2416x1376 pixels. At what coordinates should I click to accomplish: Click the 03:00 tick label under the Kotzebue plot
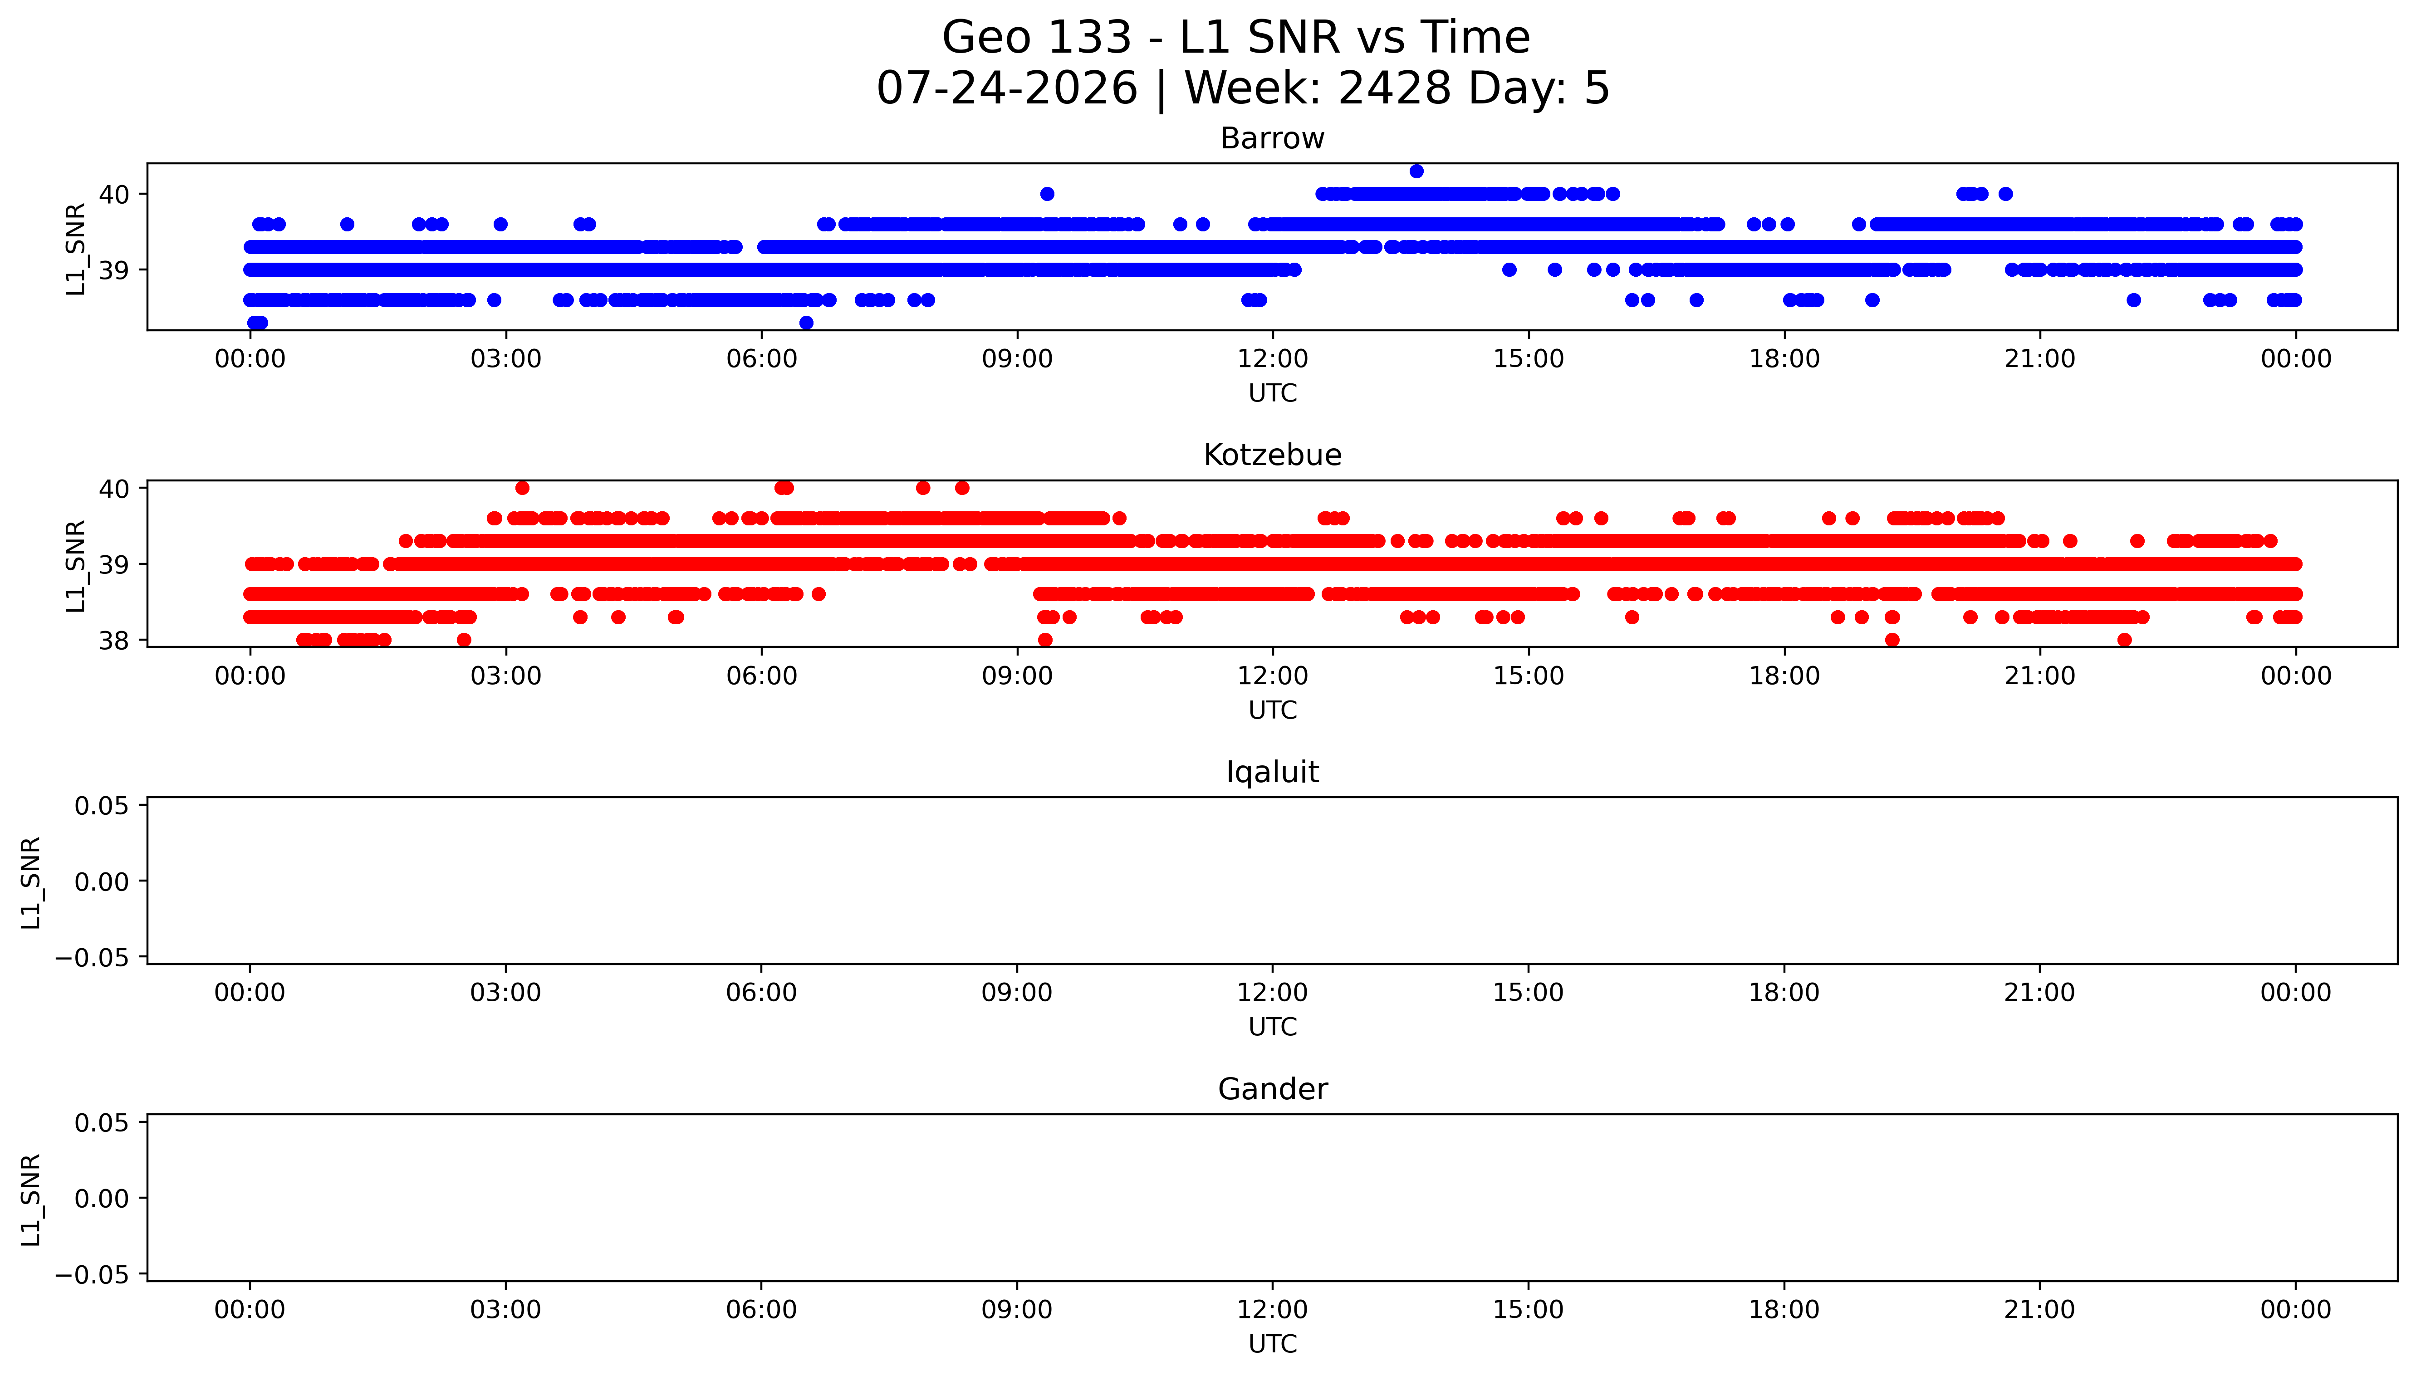pyautogui.click(x=505, y=676)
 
